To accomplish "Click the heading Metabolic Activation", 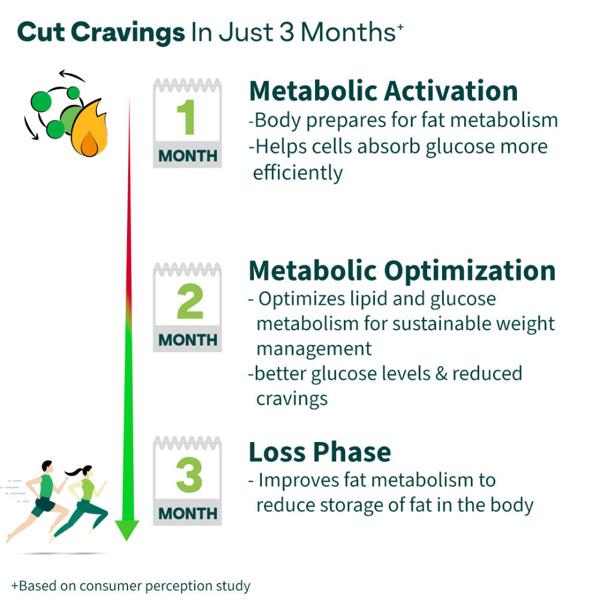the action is pos(383,91).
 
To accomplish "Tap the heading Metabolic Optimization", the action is pos(402,271).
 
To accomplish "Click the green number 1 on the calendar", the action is pos(186,117).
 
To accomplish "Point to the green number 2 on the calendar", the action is pos(190,301).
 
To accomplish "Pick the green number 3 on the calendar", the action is pos(189,475).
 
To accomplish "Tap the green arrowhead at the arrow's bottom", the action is pos(127,530).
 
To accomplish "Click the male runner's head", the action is pos(47,467).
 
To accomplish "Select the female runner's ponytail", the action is pos(74,473).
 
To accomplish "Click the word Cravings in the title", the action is pos(128,33).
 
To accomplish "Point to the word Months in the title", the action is pos(348,32).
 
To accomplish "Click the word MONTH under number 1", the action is pos(187,156).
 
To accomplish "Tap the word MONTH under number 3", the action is pos(187,513).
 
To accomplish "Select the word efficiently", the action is pos(298,174).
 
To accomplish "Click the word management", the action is pos(314,349).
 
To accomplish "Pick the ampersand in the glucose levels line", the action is pos(441,373).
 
